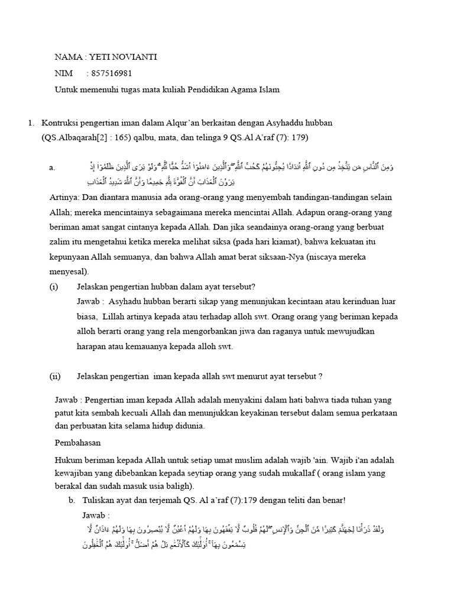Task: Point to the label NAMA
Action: click(x=68, y=57)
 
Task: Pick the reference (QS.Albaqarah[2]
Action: click(x=75, y=138)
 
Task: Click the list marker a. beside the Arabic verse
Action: click(x=53, y=167)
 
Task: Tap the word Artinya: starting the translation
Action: click(x=66, y=196)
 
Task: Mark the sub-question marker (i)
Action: click(x=54, y=286)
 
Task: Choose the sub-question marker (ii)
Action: click(x=55, y=376)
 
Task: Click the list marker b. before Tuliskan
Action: click(x=72, y=500)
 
